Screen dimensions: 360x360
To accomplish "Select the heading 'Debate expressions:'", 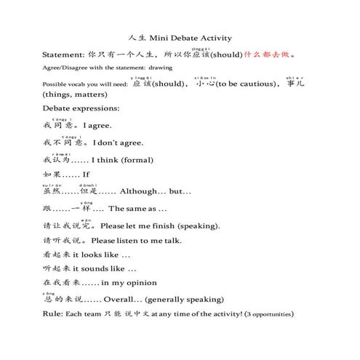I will [81, 108].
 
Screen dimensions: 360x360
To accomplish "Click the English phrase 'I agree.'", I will [97, 126].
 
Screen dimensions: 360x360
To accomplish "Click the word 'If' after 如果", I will [87, 175].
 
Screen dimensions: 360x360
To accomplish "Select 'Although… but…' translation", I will [156, 191].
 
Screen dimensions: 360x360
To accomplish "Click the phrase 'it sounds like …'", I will [106, 269].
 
